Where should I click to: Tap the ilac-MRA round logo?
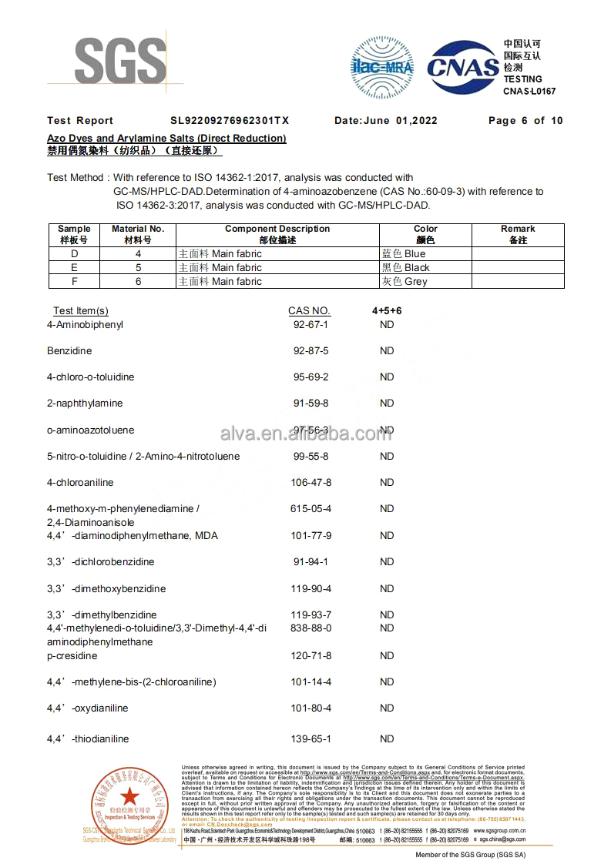click(382, 67)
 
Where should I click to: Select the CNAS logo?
click(463, 68)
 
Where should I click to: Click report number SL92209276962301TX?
click(230, 121)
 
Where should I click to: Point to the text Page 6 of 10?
click(525, 121)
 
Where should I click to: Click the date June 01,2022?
click(386, 121)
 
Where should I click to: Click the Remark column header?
click(518, 234)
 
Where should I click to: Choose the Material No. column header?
click(138, 234)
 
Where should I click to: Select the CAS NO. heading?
click(310, 311)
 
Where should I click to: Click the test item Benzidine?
click(69, 351)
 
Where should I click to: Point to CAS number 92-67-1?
click(311, 325)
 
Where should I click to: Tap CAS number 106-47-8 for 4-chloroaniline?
click(311, 483)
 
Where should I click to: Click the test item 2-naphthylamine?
click(85, 404)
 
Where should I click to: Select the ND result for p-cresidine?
click(387, 656)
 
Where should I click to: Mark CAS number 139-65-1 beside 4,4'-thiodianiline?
click(311, 739)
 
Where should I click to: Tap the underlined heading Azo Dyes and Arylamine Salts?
click(166, 139)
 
